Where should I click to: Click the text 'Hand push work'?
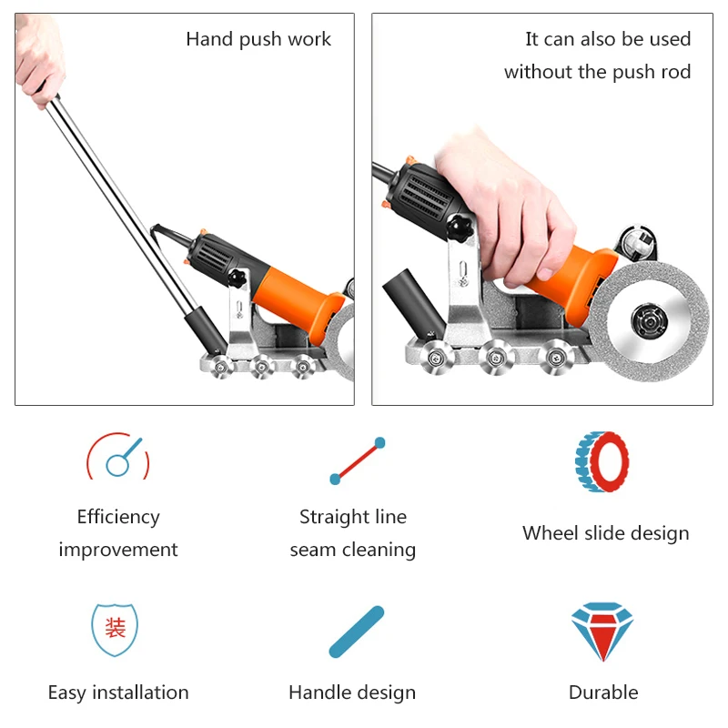pyautogui.click(x=258, y=39)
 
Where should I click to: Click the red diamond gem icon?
pyautogui.click(x=602, y=632)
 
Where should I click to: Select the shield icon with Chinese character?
pyautogui.click(x=115, y=630)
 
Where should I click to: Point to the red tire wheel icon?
pyautogui.click(x=602, y=461)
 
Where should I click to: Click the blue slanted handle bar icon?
pyautogui.click(x=356, y=632)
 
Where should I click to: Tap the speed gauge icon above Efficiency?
pyautogui.click(x=118, y=457)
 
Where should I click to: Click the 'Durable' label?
pyautogui.click(x=603, y=693)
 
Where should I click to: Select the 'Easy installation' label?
pyautogui.click(x=118, y=693)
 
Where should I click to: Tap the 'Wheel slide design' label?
pyautogui.click(x=605, y=533)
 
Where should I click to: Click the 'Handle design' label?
pyautogui.click(x=352, y=693)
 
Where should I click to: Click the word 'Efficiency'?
pyautogui.click(x=118, y=517)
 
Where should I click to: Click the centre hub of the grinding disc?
pyautogui.click(x=650, y=321)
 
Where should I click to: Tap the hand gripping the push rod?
pyautogui.click(x=39, y=59)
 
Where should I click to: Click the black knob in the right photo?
pyautogui.click(x=460, y=227)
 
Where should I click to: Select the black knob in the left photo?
pyautogui.click(x=237, y=278)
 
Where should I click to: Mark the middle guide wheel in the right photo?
pyautogui.click(x=496, y=358)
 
